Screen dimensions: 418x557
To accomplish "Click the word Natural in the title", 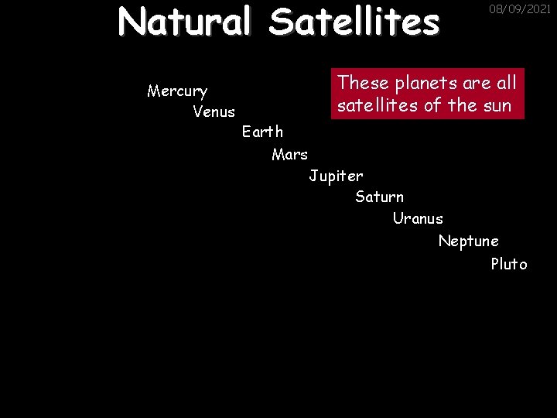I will pos(184,22).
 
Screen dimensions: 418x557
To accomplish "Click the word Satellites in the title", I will pos(354,22).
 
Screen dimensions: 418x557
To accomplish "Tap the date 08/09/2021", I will pos(520,10).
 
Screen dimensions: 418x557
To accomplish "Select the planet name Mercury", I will pos(177,91).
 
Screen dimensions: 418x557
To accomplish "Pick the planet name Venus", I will pos(214,112).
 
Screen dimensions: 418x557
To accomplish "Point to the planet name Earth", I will pos(262,132).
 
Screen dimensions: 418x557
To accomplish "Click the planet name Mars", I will pos(289,154).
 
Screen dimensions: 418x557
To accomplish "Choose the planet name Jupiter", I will pos(336,176).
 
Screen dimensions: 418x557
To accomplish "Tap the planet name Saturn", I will pos(379,197).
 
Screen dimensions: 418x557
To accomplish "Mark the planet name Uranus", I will pos(418,218).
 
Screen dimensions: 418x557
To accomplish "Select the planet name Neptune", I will pos(468,242).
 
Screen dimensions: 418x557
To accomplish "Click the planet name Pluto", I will pos(508,264).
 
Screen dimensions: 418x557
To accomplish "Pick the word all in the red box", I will pos(504,81).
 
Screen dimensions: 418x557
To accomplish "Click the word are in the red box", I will pos(473,83).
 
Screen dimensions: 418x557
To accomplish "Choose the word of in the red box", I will pos(433,105).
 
